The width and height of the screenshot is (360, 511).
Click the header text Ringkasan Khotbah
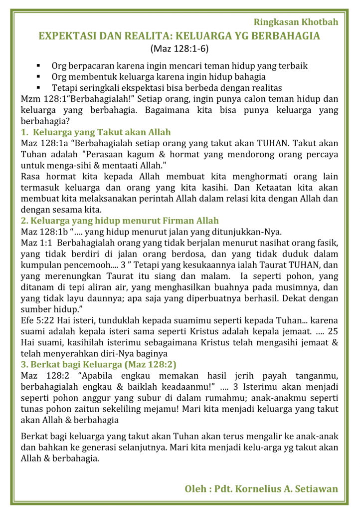click(296, 22)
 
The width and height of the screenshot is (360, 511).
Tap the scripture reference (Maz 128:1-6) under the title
click(179, 49)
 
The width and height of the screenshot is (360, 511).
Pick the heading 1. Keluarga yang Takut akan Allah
click(96, 132)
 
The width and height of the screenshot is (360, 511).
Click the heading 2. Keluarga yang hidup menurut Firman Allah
click(120, 221)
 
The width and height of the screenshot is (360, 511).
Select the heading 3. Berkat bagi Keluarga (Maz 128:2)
click(99, 364)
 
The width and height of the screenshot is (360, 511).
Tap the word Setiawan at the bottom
click(317, 489)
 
